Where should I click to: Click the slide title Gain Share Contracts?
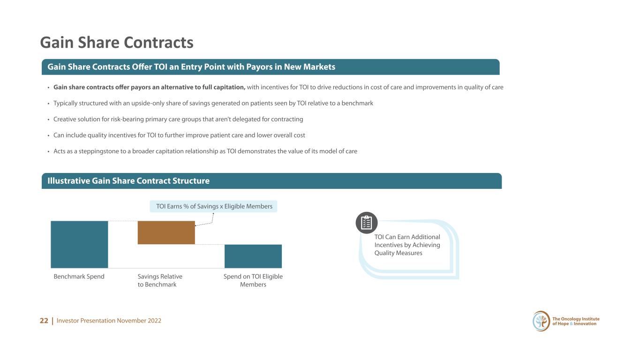pos(117,43)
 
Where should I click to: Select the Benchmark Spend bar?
pos(79,244)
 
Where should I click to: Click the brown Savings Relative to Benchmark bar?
pos(166,232)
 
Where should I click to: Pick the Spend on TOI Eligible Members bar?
pos(253,256)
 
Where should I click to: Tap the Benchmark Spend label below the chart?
pos(79,277)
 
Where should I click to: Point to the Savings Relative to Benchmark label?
pos(160,281)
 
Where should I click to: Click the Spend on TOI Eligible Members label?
pos(253,281)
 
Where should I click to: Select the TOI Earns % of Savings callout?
pos(213,206)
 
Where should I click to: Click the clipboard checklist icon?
pos(367,223)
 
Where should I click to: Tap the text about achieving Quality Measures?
pos(407,245)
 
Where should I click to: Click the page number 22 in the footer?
pos(44,321)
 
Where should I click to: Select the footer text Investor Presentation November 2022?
pos(109,321)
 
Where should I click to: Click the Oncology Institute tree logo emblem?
pos(541,321)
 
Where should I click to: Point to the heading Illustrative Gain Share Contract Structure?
pos(128,181)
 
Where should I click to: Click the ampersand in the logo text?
pos(572,324)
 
